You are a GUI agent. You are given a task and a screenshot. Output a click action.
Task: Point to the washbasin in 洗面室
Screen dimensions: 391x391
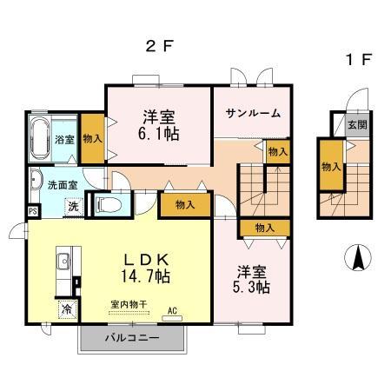coord(34,182)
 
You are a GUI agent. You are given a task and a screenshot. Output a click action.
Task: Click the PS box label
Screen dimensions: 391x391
coord(33,211)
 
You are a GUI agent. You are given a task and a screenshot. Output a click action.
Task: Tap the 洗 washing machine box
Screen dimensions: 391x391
coord(75,208)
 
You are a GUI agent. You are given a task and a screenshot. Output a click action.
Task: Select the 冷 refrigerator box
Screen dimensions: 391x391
coord(66,308)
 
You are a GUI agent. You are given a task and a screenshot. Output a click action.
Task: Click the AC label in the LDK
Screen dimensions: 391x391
coord(172,310)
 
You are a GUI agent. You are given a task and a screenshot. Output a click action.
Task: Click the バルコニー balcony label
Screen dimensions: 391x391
coord(131,338)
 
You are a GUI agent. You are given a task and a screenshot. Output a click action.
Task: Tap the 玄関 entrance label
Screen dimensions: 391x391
coord(358,124)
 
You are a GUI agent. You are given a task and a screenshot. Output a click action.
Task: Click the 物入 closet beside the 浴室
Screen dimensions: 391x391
coord(91,138)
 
